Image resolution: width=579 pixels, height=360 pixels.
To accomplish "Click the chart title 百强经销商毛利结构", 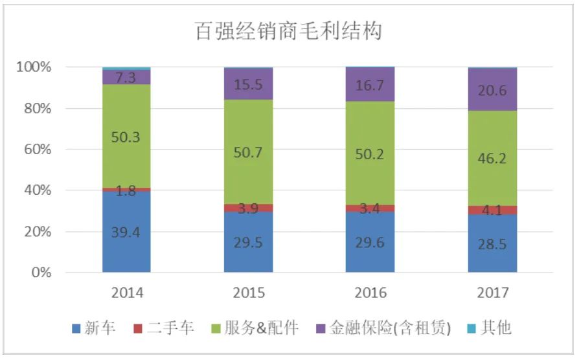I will [289, 30].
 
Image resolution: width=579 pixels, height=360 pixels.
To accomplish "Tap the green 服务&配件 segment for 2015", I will [249, 152].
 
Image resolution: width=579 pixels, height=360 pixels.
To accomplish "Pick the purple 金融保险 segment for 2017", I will [492, 90].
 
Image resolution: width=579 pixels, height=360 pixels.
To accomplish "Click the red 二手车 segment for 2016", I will [370, 208].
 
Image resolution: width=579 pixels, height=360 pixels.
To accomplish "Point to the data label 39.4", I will [126, 232].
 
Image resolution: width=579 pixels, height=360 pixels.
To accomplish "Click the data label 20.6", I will [492, 91].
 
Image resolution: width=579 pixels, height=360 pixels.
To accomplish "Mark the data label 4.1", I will [492, 210].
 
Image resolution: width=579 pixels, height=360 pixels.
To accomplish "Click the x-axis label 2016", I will [370, 293].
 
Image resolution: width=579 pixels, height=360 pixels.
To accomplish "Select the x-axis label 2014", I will [126, 293].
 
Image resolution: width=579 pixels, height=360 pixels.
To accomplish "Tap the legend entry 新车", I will [94, 328].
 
